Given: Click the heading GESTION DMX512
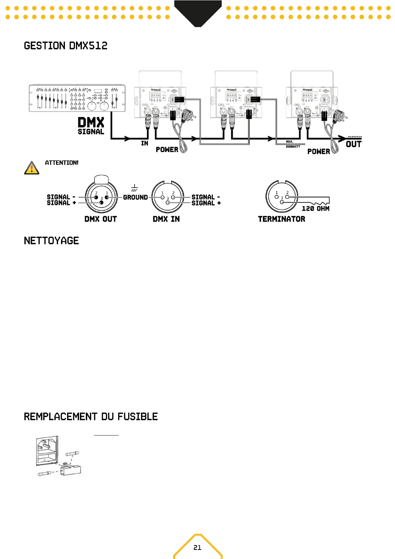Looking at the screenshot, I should coord(66,46).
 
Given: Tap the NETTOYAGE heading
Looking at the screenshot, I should coord(51,241).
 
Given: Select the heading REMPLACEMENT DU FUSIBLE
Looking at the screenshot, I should coord(91,417).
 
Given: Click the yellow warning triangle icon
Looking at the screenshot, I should coord(32,168).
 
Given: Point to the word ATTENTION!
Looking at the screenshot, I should coord(62,163).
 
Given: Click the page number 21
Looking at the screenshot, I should coord(197,547).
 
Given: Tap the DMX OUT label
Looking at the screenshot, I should coord(100,219).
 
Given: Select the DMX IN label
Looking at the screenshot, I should coord(166,219).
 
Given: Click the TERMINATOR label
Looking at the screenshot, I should coord(282,219).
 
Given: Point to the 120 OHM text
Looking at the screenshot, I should coord(315,208).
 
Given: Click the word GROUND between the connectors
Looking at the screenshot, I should coord(135,197).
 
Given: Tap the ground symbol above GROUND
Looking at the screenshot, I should coord(134,188).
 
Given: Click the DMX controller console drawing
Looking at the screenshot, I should coord(77,98).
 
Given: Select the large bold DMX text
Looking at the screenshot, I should coord(91,122).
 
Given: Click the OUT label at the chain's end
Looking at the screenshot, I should coord(354,144).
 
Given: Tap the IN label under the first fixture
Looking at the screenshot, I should coord(145,143).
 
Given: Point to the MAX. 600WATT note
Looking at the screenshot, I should coord(293,144).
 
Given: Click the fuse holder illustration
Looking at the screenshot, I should coord(58,456).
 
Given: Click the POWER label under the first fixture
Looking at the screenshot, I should coord(167,150).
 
